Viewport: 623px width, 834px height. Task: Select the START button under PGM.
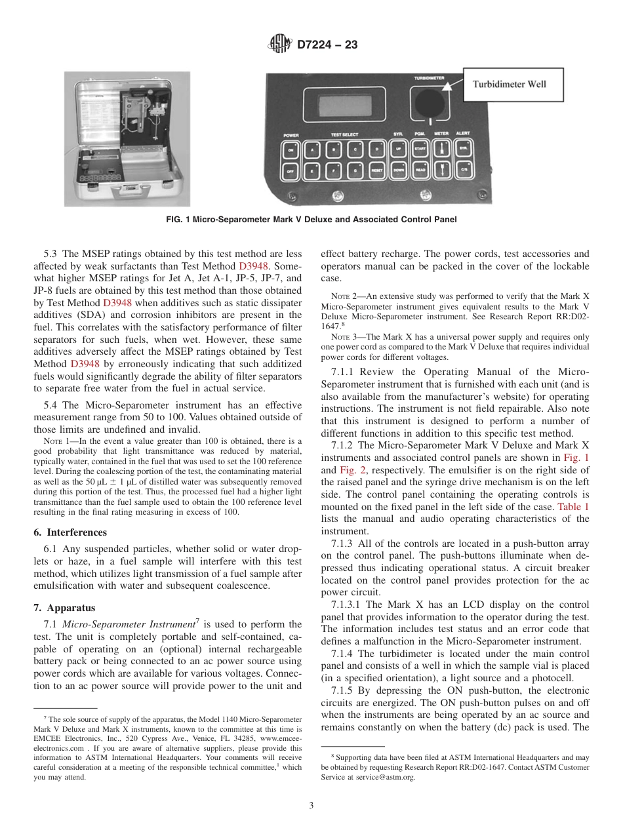[420, 149]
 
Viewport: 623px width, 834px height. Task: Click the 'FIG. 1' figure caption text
[311, 220]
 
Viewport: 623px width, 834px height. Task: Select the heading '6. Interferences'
[70, 532]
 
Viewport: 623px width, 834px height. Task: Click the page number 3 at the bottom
[311, 806]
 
